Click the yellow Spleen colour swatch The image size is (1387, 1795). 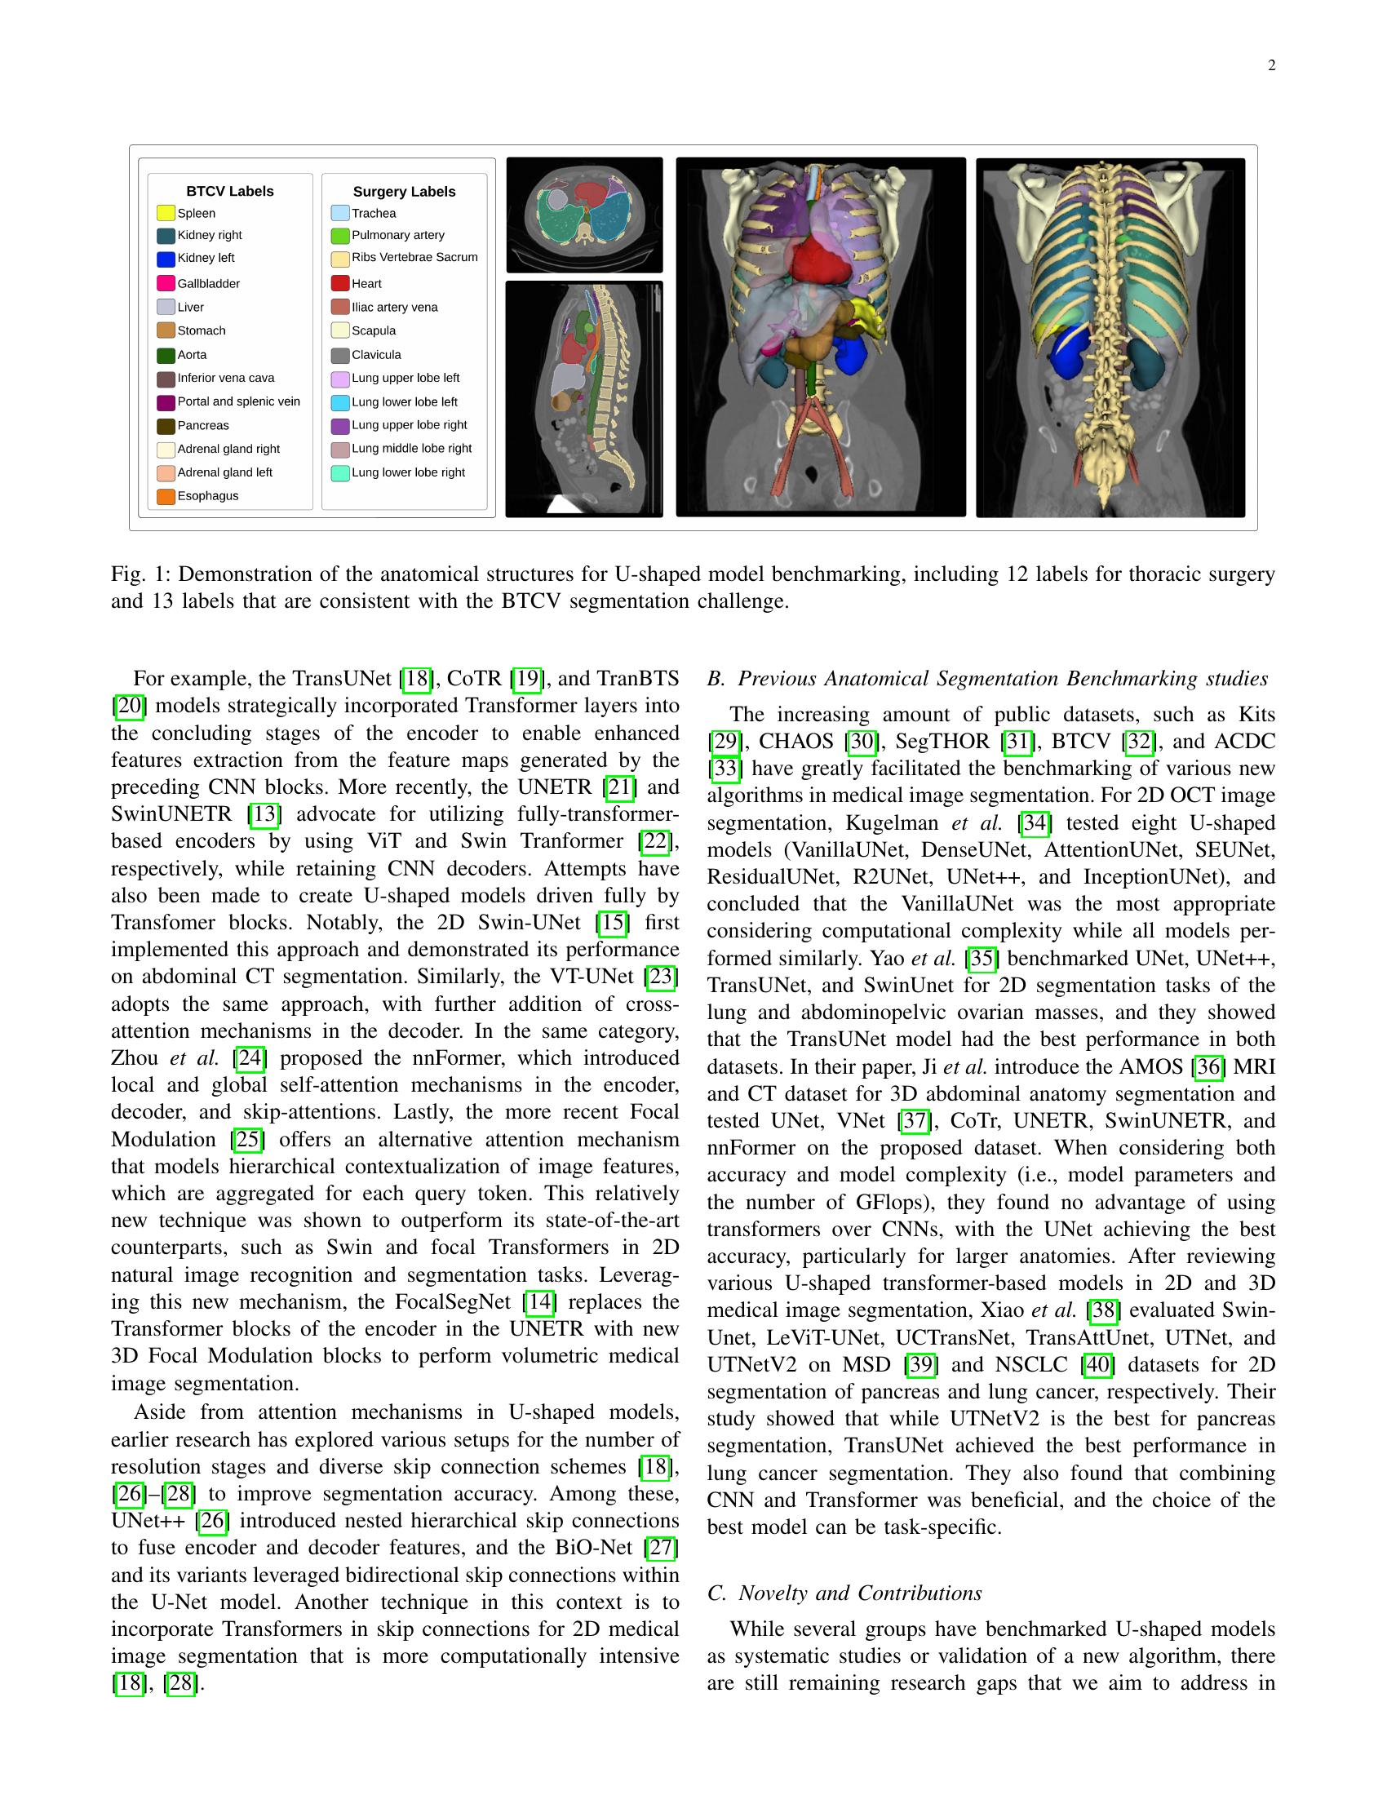coord(165,213)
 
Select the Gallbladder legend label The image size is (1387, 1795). coord(209,284)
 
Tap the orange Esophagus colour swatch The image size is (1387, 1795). coord(165,496)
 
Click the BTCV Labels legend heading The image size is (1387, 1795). coord(229,192)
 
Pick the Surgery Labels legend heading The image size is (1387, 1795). coord(403,192)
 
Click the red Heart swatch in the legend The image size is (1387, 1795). coord(339,284)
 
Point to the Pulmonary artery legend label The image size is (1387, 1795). coord(397,235)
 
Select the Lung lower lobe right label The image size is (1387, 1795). coord(408,472)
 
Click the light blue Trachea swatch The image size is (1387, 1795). coord(339,213)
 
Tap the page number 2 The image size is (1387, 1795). coord(1271,66)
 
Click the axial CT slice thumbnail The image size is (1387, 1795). coord(584,215)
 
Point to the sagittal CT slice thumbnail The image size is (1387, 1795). coord(584,400)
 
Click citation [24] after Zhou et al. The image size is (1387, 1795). coord(249,1057)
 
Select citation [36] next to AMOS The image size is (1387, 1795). coord(1208,1067)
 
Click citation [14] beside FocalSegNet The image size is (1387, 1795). coord(539,1302)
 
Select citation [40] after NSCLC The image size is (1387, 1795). coord(1097,1365)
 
